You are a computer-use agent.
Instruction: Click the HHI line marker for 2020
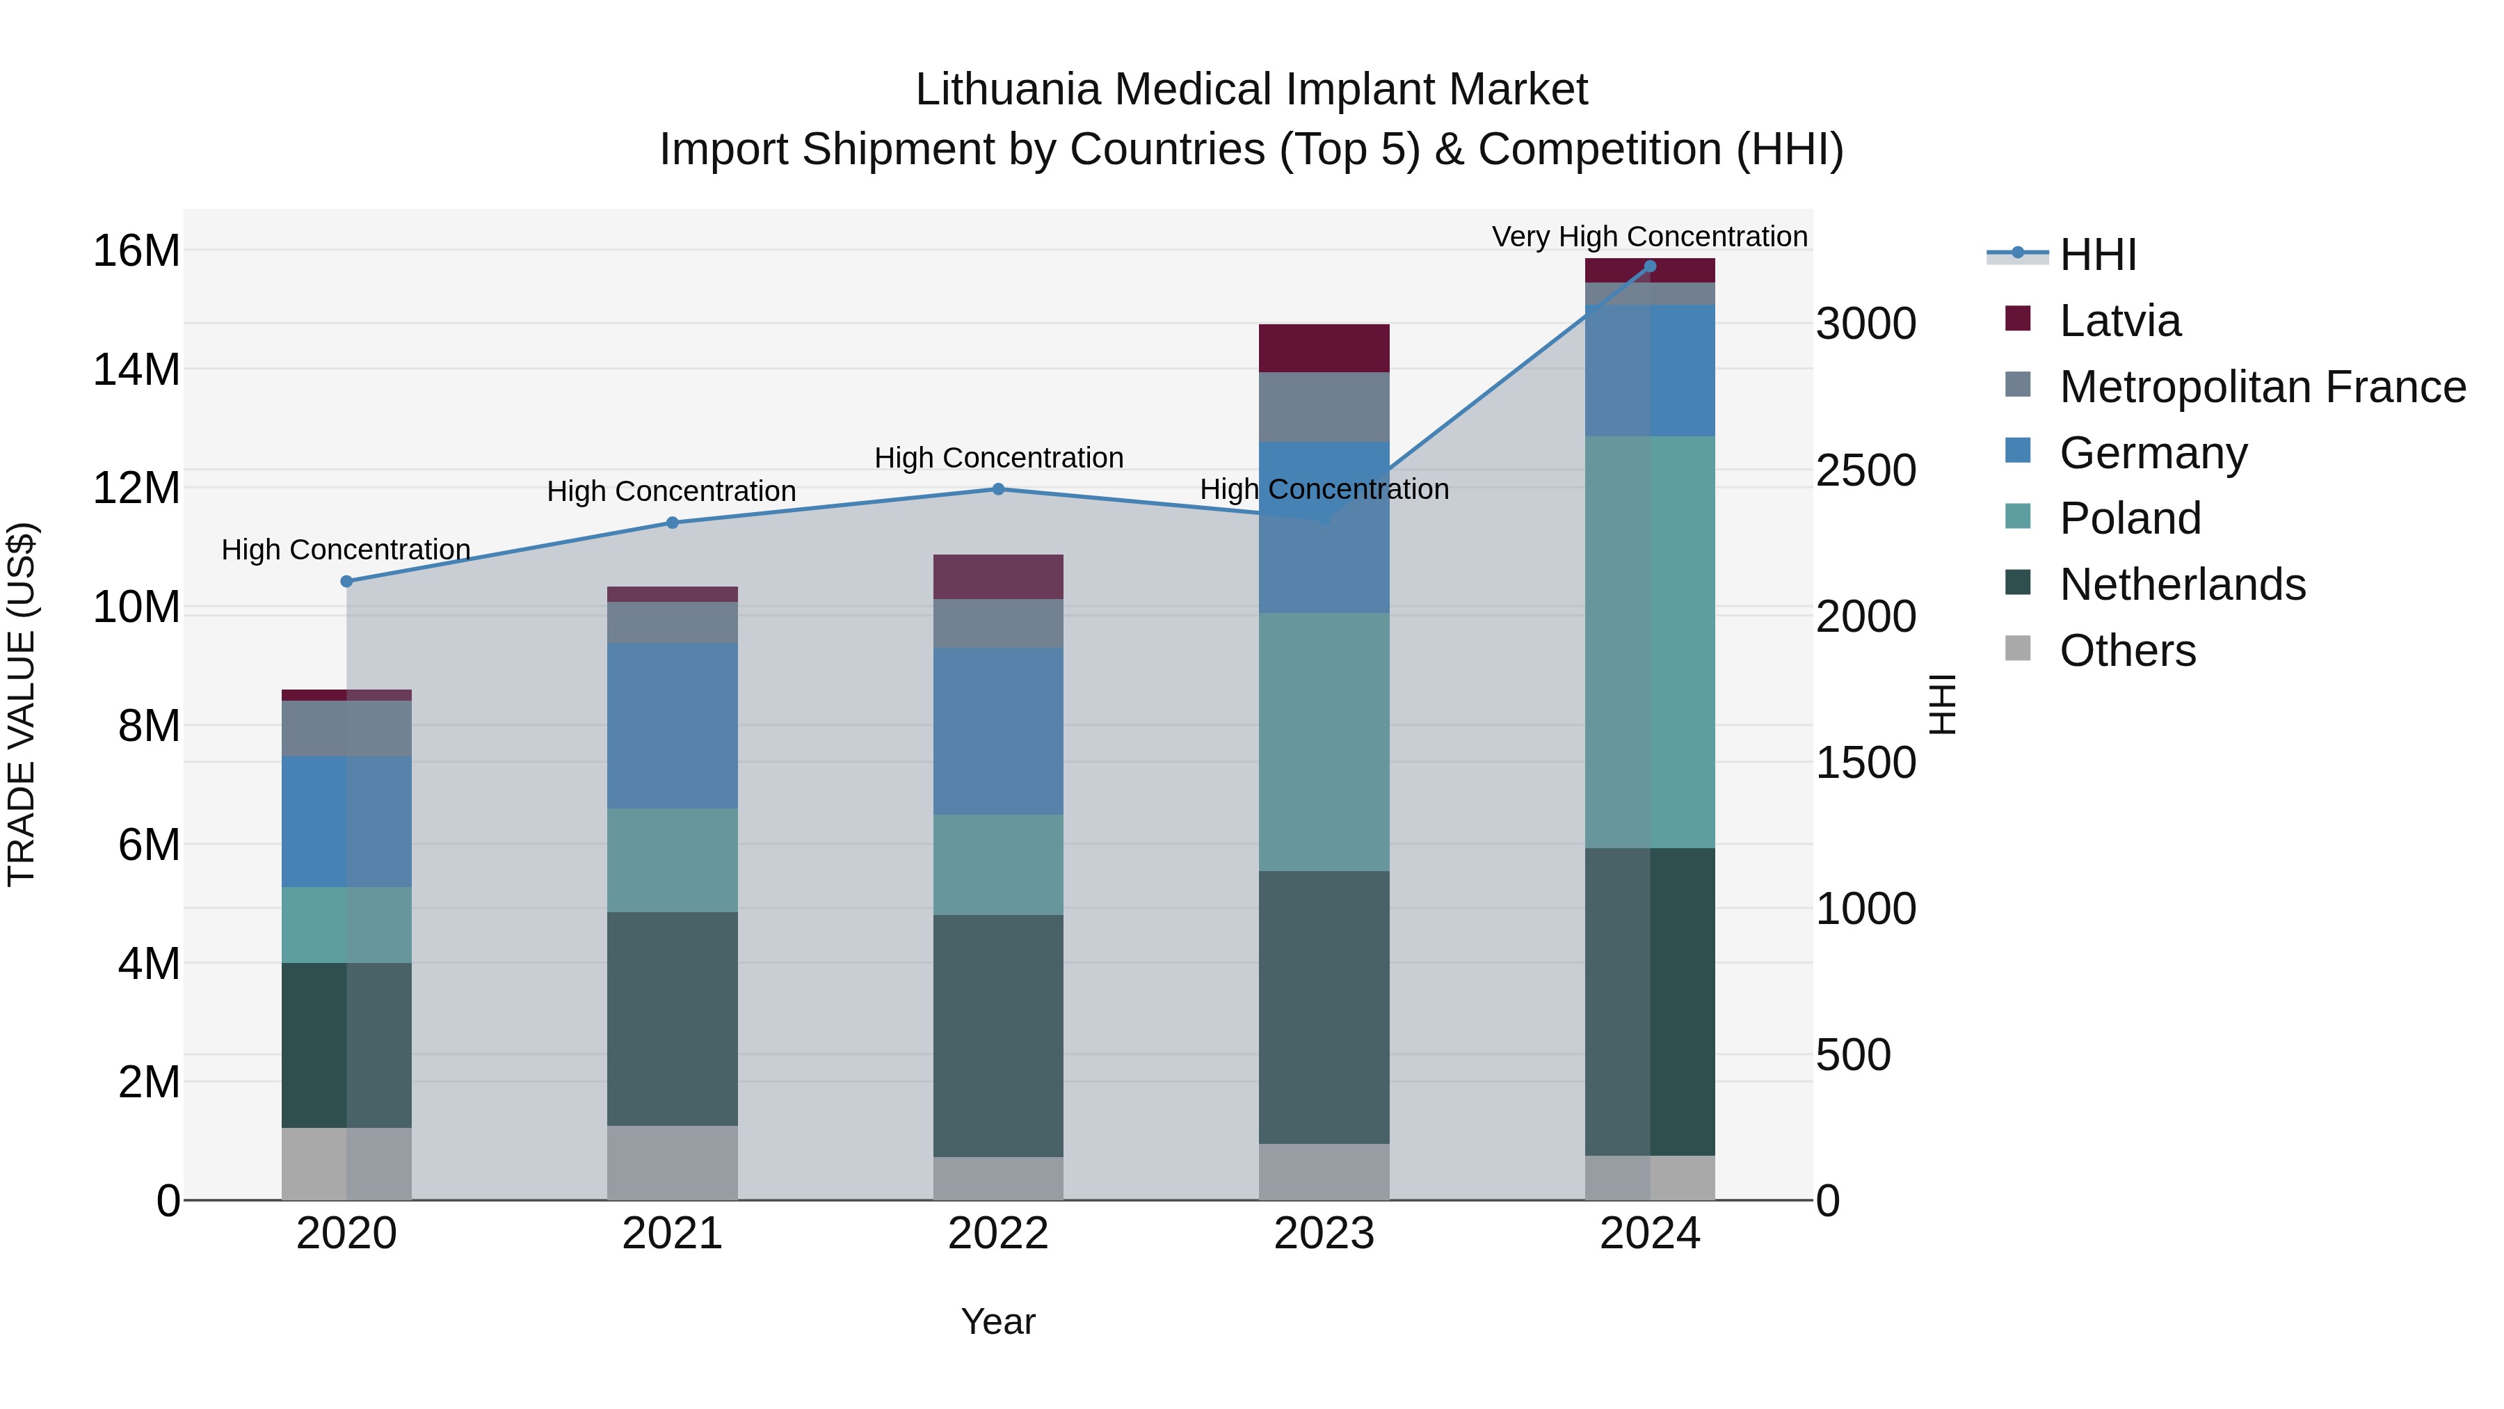346,582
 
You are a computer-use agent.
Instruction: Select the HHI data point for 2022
998,489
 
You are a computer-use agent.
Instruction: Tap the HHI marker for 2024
1650,266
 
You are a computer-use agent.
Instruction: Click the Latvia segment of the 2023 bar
1324,348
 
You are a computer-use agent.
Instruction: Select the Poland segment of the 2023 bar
1324,741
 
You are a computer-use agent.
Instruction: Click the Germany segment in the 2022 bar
998,731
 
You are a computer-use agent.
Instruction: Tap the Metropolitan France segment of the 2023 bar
1324,406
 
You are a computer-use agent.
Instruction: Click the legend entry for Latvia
2119,321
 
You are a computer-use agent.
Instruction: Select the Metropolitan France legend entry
2261,387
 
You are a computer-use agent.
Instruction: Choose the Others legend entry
2127,651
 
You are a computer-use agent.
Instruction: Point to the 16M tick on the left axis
136,251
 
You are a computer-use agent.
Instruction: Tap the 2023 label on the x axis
1324,1234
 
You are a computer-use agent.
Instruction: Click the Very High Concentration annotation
1650,237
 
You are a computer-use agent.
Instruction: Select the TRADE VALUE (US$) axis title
22,704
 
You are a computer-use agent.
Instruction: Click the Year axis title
998,1321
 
